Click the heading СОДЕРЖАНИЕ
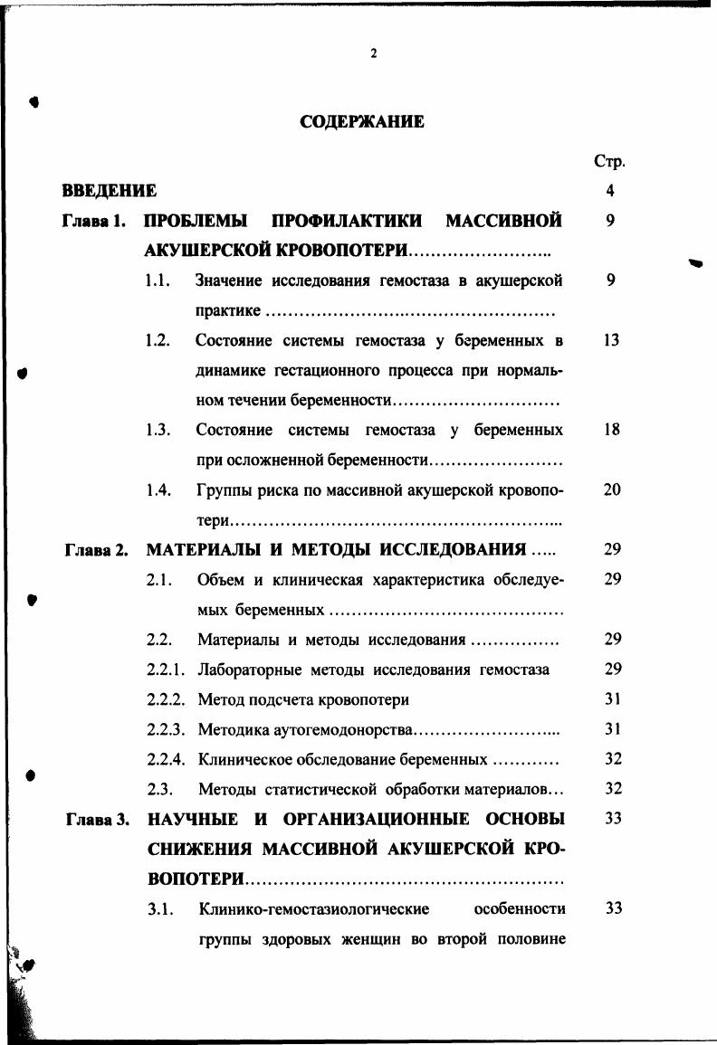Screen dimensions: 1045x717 tap(361, 121)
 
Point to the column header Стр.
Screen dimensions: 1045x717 tap(610, 162)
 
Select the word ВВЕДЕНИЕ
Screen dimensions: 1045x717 tap(109, 191)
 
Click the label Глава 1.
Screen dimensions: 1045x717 tap(93, 221)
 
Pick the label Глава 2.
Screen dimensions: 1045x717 tap(96, 550)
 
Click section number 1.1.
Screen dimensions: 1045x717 tap(158, 281)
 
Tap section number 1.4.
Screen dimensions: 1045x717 tap(158, 490)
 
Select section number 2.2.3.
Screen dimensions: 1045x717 tap(166, 729)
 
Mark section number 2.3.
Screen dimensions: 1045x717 tap(159, 789)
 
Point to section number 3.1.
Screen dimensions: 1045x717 tap(159, 908)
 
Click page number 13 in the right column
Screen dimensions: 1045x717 tap(611, 340)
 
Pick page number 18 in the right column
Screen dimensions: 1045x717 tap(611, 430)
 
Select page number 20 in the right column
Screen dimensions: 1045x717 tap(612, 489)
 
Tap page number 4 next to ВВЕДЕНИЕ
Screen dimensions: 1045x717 tap(611, 191)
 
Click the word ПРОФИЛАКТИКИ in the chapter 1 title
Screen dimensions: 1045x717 tap(347, 221)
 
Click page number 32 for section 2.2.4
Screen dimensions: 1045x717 tap(613, 759)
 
